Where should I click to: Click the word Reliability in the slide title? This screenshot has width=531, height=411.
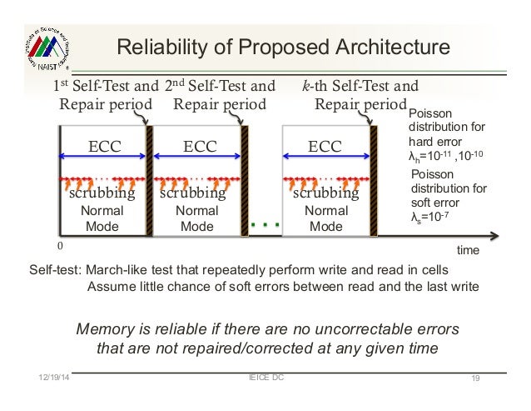tap(152, 48)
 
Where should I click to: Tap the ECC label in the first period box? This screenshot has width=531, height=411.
tap(105, 148)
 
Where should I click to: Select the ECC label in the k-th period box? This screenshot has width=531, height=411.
tap(325, 148)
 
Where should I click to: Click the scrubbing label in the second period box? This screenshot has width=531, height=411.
tap(193, 193)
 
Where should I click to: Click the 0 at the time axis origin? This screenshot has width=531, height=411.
tap(59, 247)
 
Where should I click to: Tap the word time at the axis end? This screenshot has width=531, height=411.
tap(469, 249)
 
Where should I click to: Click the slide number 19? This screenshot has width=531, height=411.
tap(476, 380)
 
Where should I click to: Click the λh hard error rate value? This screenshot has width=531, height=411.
tap(443, 156)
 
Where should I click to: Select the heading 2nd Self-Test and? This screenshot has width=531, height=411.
tap(219, 86)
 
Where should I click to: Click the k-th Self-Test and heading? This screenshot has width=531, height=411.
tap(361, 86)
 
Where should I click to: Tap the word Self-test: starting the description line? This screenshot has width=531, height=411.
tap(55, 271)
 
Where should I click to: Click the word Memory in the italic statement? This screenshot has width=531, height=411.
tap(103, 328)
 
